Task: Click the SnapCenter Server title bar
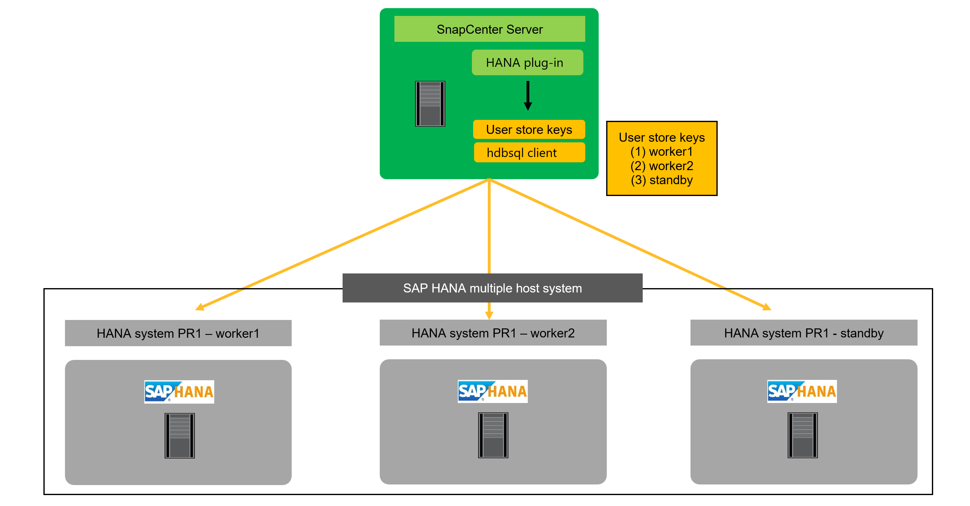489,29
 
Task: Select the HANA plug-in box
527,62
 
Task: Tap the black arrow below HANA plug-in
528,96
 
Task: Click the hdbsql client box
529,152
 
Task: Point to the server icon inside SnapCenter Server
430,104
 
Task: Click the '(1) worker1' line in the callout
661,152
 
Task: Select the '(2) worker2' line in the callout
661,166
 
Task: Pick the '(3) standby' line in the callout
661,180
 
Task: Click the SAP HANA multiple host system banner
492,288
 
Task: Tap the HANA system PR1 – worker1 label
178,333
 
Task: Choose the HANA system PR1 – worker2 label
493,333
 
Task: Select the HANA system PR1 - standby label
804,333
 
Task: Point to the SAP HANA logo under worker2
492,391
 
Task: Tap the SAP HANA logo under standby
802,391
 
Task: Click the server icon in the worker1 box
180,435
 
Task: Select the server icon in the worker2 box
493,435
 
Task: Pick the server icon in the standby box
802,435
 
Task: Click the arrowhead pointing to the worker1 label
200,307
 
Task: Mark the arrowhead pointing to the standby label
767,307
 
